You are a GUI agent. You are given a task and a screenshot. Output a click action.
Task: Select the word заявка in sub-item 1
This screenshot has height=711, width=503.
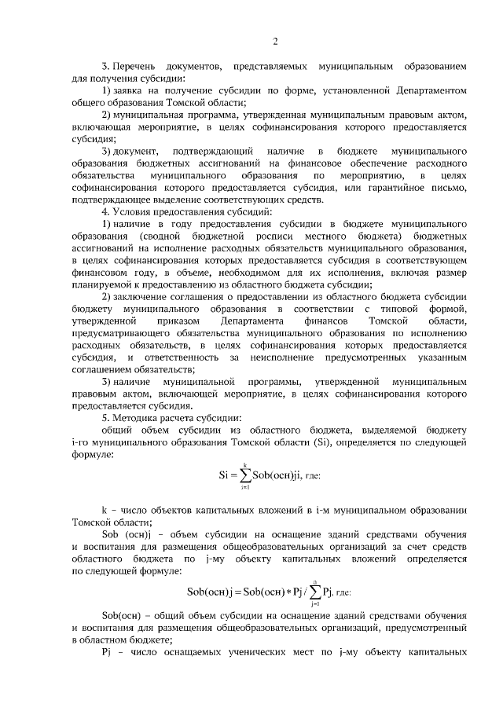click(130, 91)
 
